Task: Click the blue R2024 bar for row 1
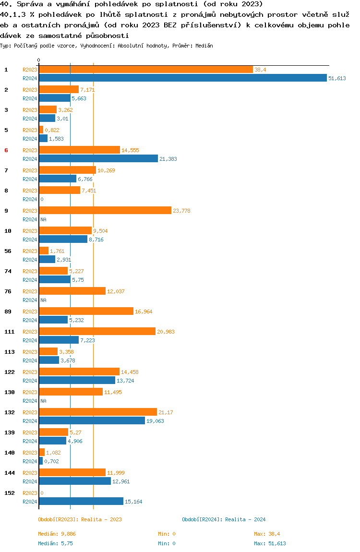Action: [x=182, y=78]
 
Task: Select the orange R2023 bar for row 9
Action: [x=105, y=211]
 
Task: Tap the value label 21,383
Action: [x=168, y=159]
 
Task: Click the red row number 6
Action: [x=6, y=150]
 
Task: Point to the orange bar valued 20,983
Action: [x=97, y=332]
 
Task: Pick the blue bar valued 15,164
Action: [x=81, y=502]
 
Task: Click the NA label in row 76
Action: [x=43, y=300]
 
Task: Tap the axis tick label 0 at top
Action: [x=39, y=60]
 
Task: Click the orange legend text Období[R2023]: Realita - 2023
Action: [x=80, y=519]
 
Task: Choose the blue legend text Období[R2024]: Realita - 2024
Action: [x=224, y=519]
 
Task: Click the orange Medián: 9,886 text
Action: [x=57, y=534]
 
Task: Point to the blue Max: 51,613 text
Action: [x=270, y=543]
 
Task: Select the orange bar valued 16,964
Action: [x=86, y=312]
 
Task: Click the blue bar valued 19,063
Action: [x=92, y=421]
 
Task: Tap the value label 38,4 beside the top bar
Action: [x=260, y=70]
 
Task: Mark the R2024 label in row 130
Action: [x=30, y=401]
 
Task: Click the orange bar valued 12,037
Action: [x=72, y=291]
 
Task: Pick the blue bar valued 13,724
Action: [x=77, y=381]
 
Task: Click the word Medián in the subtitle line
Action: [x=205, y=46]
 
